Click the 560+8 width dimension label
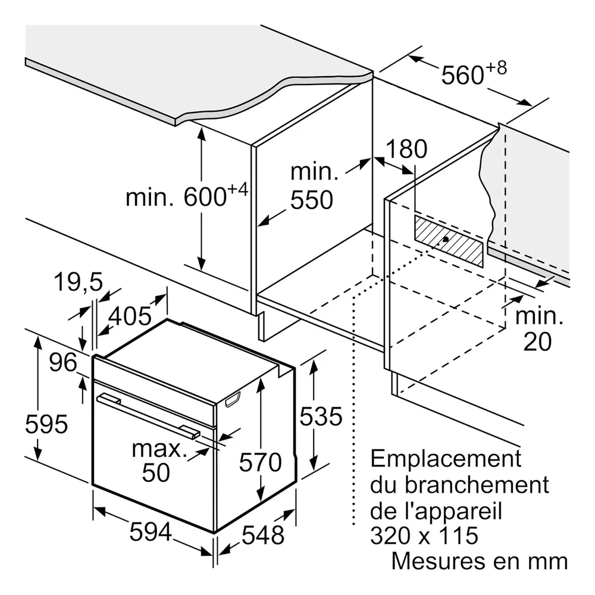point(474,73)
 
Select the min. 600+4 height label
point(187,195)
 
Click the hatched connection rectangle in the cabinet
point(449,240)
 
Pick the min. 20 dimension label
point(539,328)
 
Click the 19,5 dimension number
point(79,282)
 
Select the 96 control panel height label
point(63,362)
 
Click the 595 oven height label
point(46,424)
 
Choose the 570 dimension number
point(261,462)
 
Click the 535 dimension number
point(321,416)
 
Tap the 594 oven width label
point(151,531)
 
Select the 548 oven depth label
point(263,535)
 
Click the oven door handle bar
point(149,416)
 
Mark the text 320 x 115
point(424,535)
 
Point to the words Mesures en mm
point(480,561)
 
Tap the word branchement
point(477,484)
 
